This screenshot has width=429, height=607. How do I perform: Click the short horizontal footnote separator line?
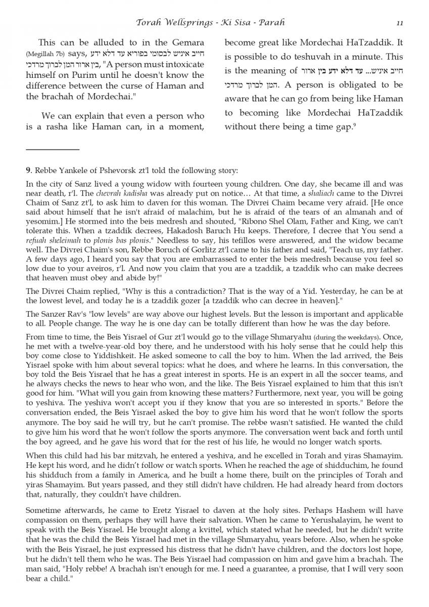[x=53, y=149]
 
